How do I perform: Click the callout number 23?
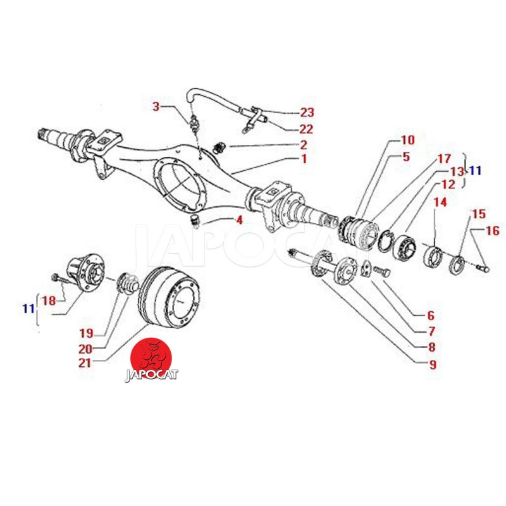pos(307,113)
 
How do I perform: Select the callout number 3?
pos(156,106)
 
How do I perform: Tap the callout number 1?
pos(304,159)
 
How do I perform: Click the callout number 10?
pos(408,139)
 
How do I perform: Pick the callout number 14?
pos(440,202)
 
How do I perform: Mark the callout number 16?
pos(492,231)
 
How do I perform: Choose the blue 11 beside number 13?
pos(474,170)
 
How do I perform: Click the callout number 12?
pos(448,185)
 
